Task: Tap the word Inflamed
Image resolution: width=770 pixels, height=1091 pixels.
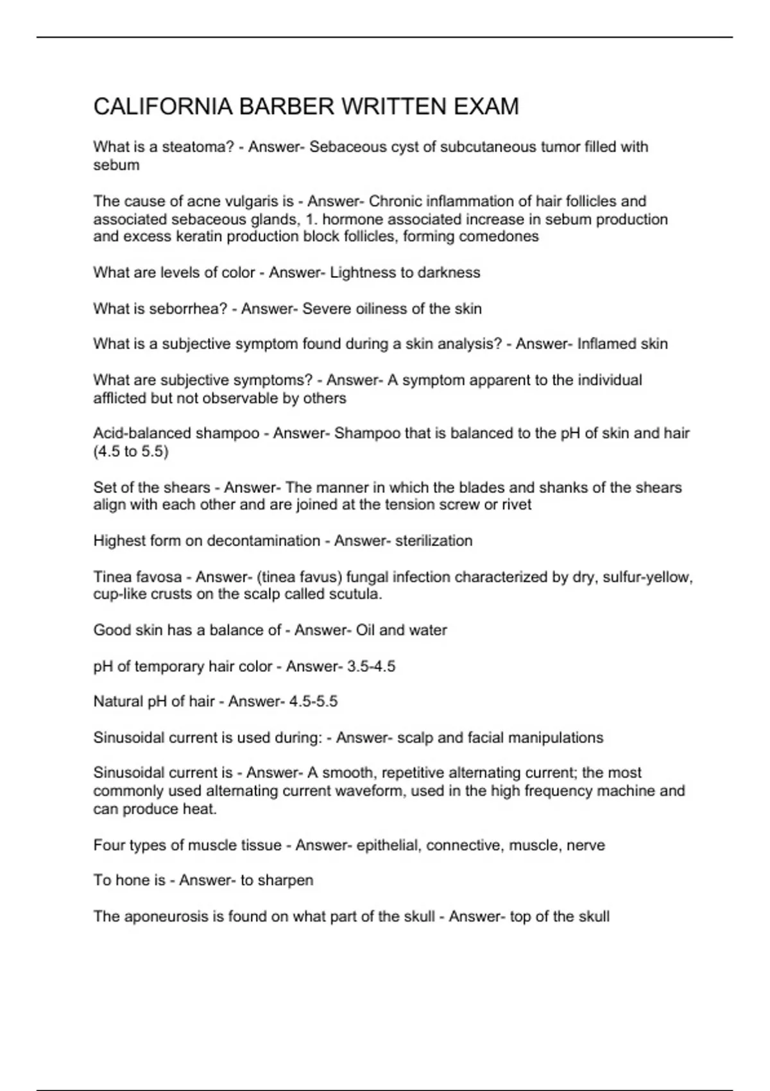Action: pos(604,344)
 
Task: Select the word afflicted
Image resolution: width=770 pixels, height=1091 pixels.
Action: pos(119,399)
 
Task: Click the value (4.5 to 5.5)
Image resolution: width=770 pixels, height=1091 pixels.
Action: pos(131,452)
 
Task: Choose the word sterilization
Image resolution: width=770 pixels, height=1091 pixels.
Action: pos(434,541)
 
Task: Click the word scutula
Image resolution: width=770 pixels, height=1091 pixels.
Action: pos(355,594)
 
